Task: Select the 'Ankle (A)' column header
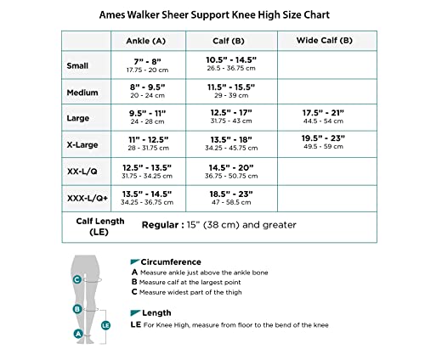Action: click(145, 41)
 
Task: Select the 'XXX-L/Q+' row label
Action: click(88, 197)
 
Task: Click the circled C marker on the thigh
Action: click(76, 279)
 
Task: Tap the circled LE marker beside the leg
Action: click(105, 324)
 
